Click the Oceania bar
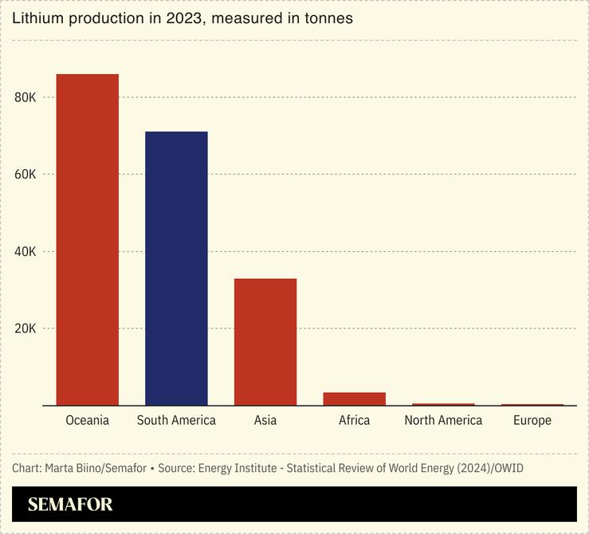pos(87,239)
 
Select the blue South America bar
pos(176,269)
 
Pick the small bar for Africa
pos(354,399)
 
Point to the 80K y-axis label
pos(26,97)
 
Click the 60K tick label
pos(26,175)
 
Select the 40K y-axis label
pos(26,252)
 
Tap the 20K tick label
pos(26,328)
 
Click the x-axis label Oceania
pos(87,420)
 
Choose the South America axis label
pos(176,420)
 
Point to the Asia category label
pos(265,420)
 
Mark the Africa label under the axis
pos(354,420)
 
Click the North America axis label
pos(443,420)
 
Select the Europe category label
pos(532,420)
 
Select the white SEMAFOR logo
pos(70,505)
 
